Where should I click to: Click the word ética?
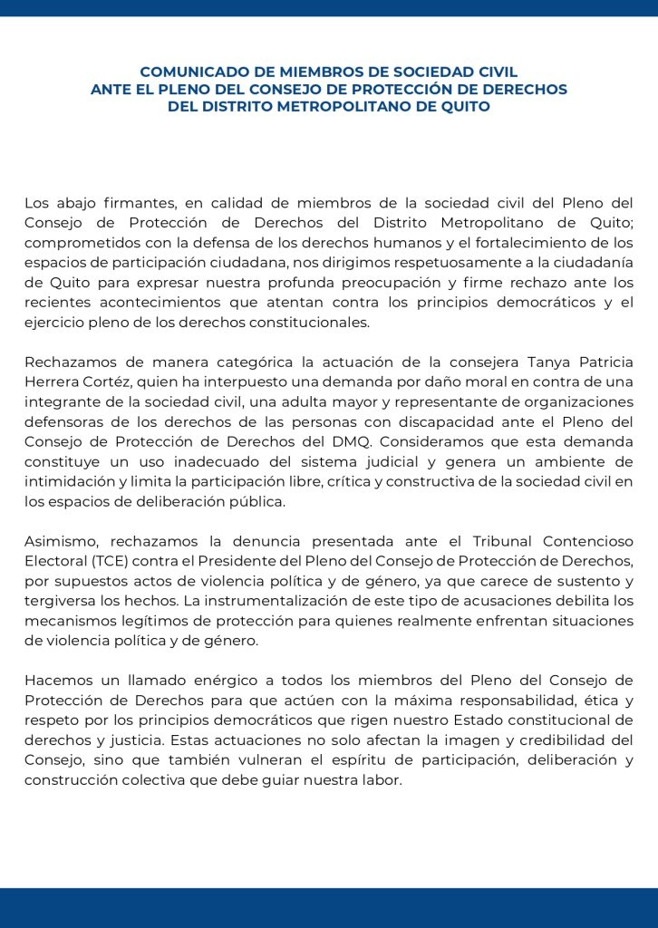[x=597, y=700]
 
